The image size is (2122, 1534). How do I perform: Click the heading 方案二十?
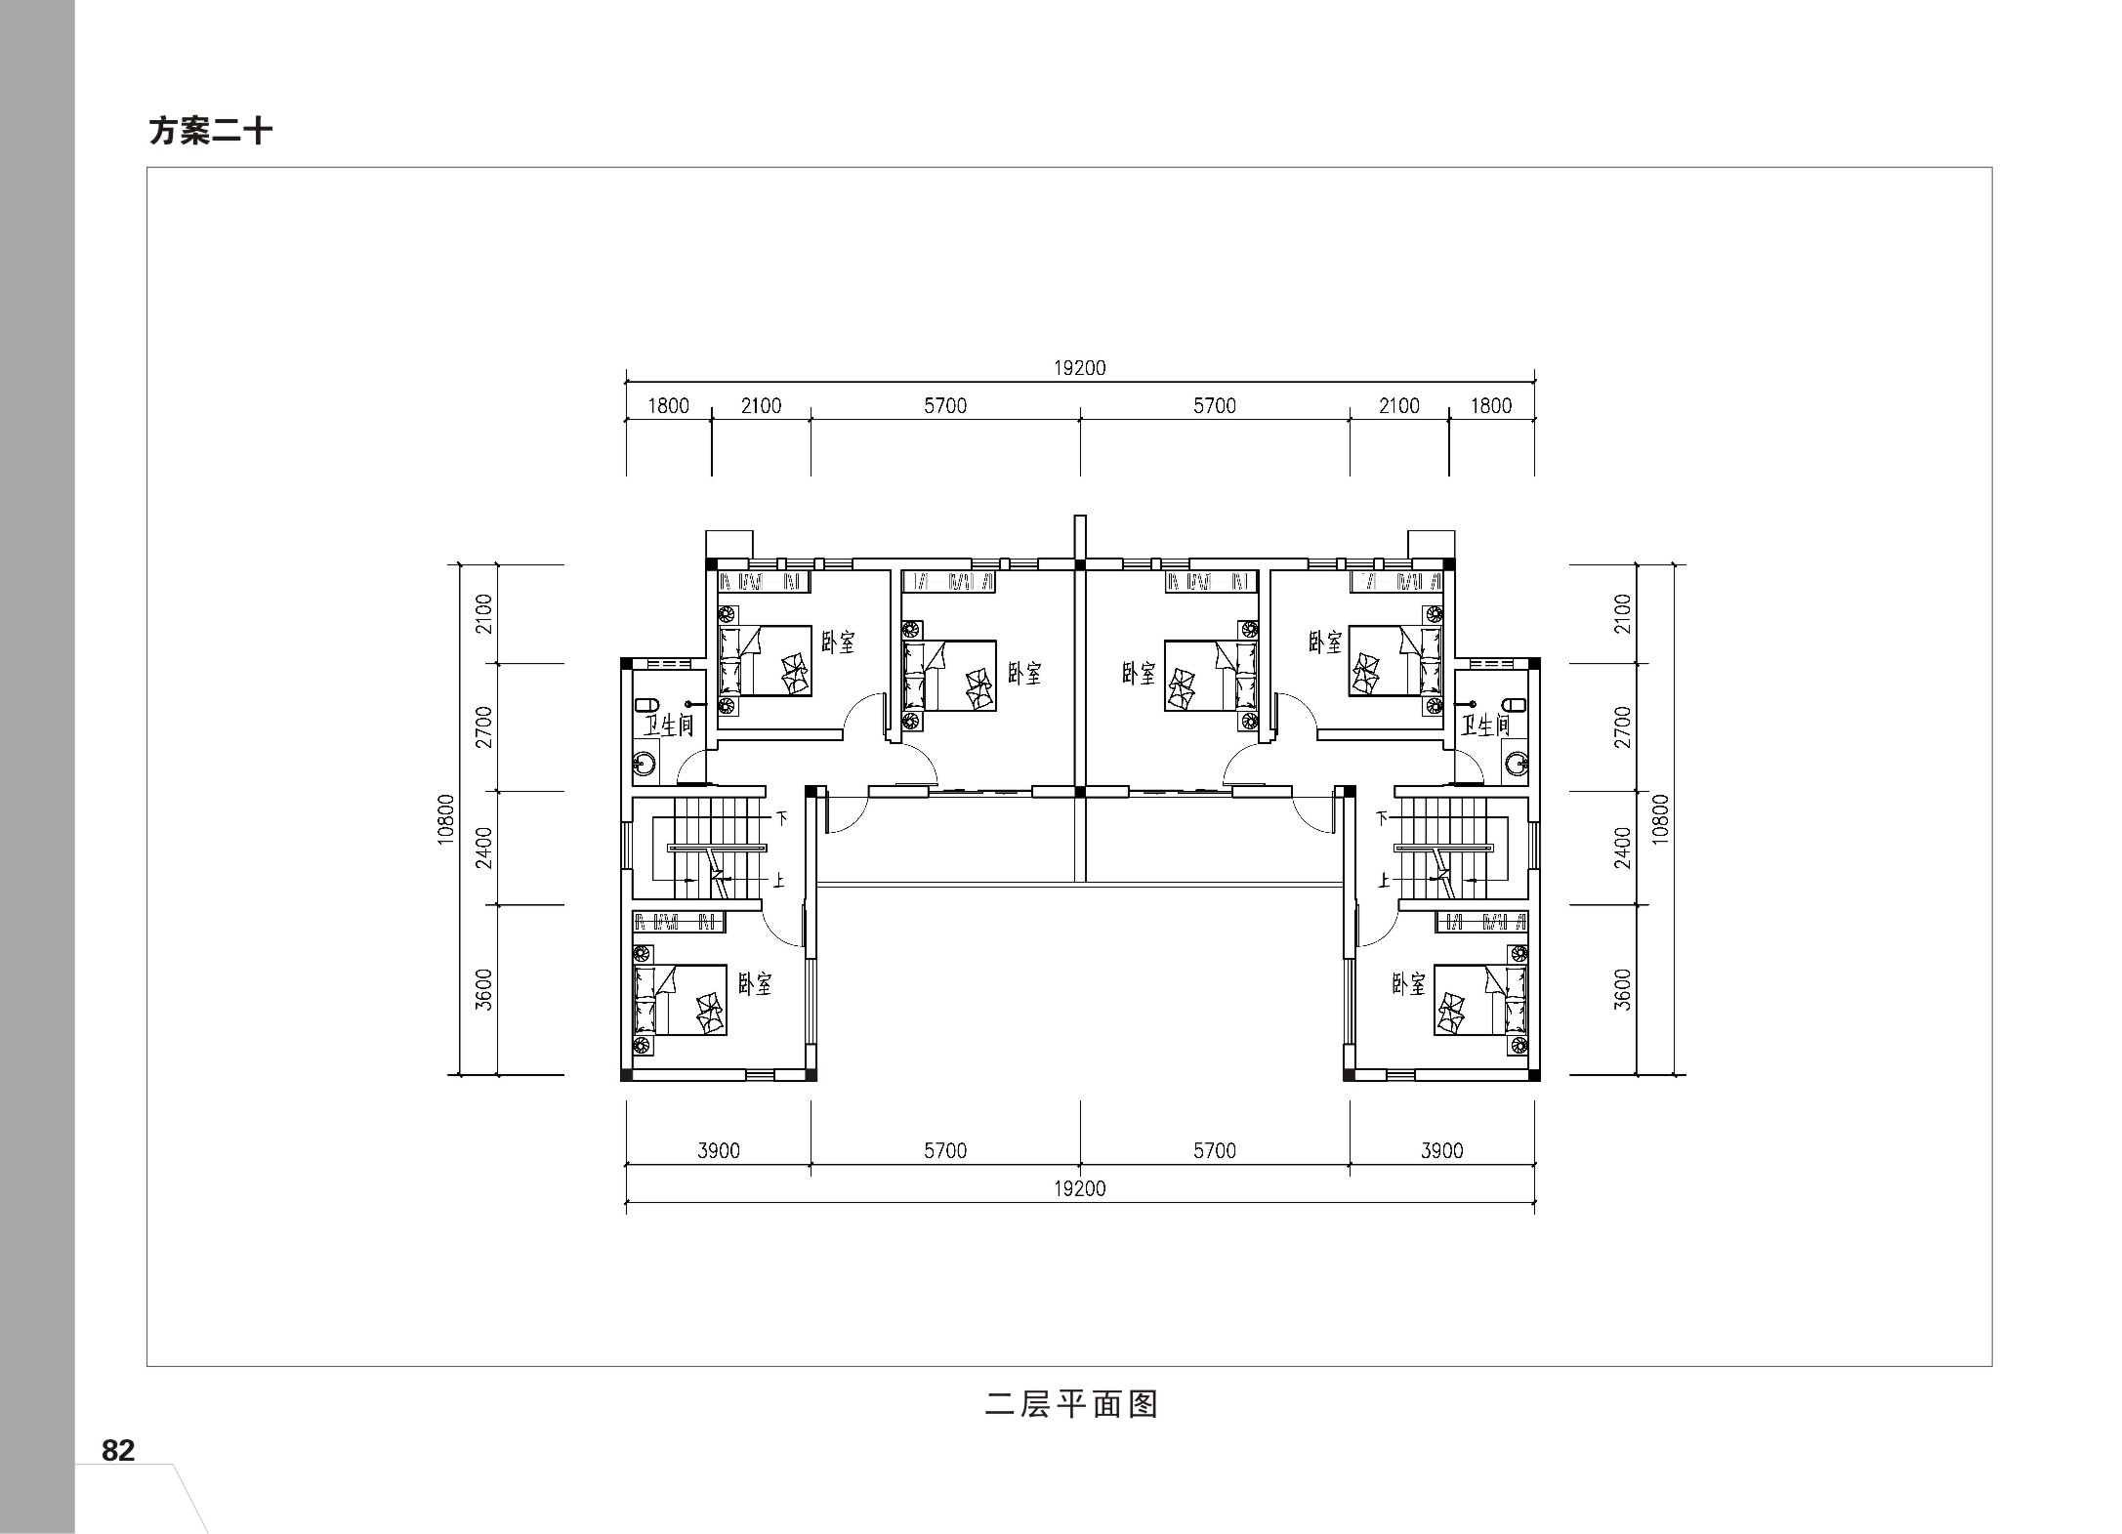point(210,131)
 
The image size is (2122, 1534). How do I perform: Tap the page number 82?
point(118,1450)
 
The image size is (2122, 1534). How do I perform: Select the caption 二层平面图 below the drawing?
point(1072,1404)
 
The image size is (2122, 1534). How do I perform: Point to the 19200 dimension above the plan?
point(1080,368)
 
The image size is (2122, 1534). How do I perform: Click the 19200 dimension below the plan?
point(1080,1188)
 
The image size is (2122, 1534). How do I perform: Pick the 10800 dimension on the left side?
point(446,819)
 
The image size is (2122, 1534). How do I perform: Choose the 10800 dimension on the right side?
point(1661,819)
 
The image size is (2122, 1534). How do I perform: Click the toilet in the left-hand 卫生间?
point(645,704)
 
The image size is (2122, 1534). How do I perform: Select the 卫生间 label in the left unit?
point(669,726)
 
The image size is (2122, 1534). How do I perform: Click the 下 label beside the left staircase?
point(782,818)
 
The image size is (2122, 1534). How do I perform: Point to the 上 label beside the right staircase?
point(1383,880)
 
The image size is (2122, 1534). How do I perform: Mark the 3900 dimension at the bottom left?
point(719,1150)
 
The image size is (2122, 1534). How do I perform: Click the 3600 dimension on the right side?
point(1623,989)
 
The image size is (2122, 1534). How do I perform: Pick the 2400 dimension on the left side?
point(484,848)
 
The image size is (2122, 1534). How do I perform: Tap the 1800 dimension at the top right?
point(1491,405)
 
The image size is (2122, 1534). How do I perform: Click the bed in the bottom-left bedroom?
point(681,1000)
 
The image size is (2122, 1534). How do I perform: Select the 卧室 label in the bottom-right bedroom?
point(1408,983)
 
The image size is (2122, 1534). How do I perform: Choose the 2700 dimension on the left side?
point(484,727)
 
